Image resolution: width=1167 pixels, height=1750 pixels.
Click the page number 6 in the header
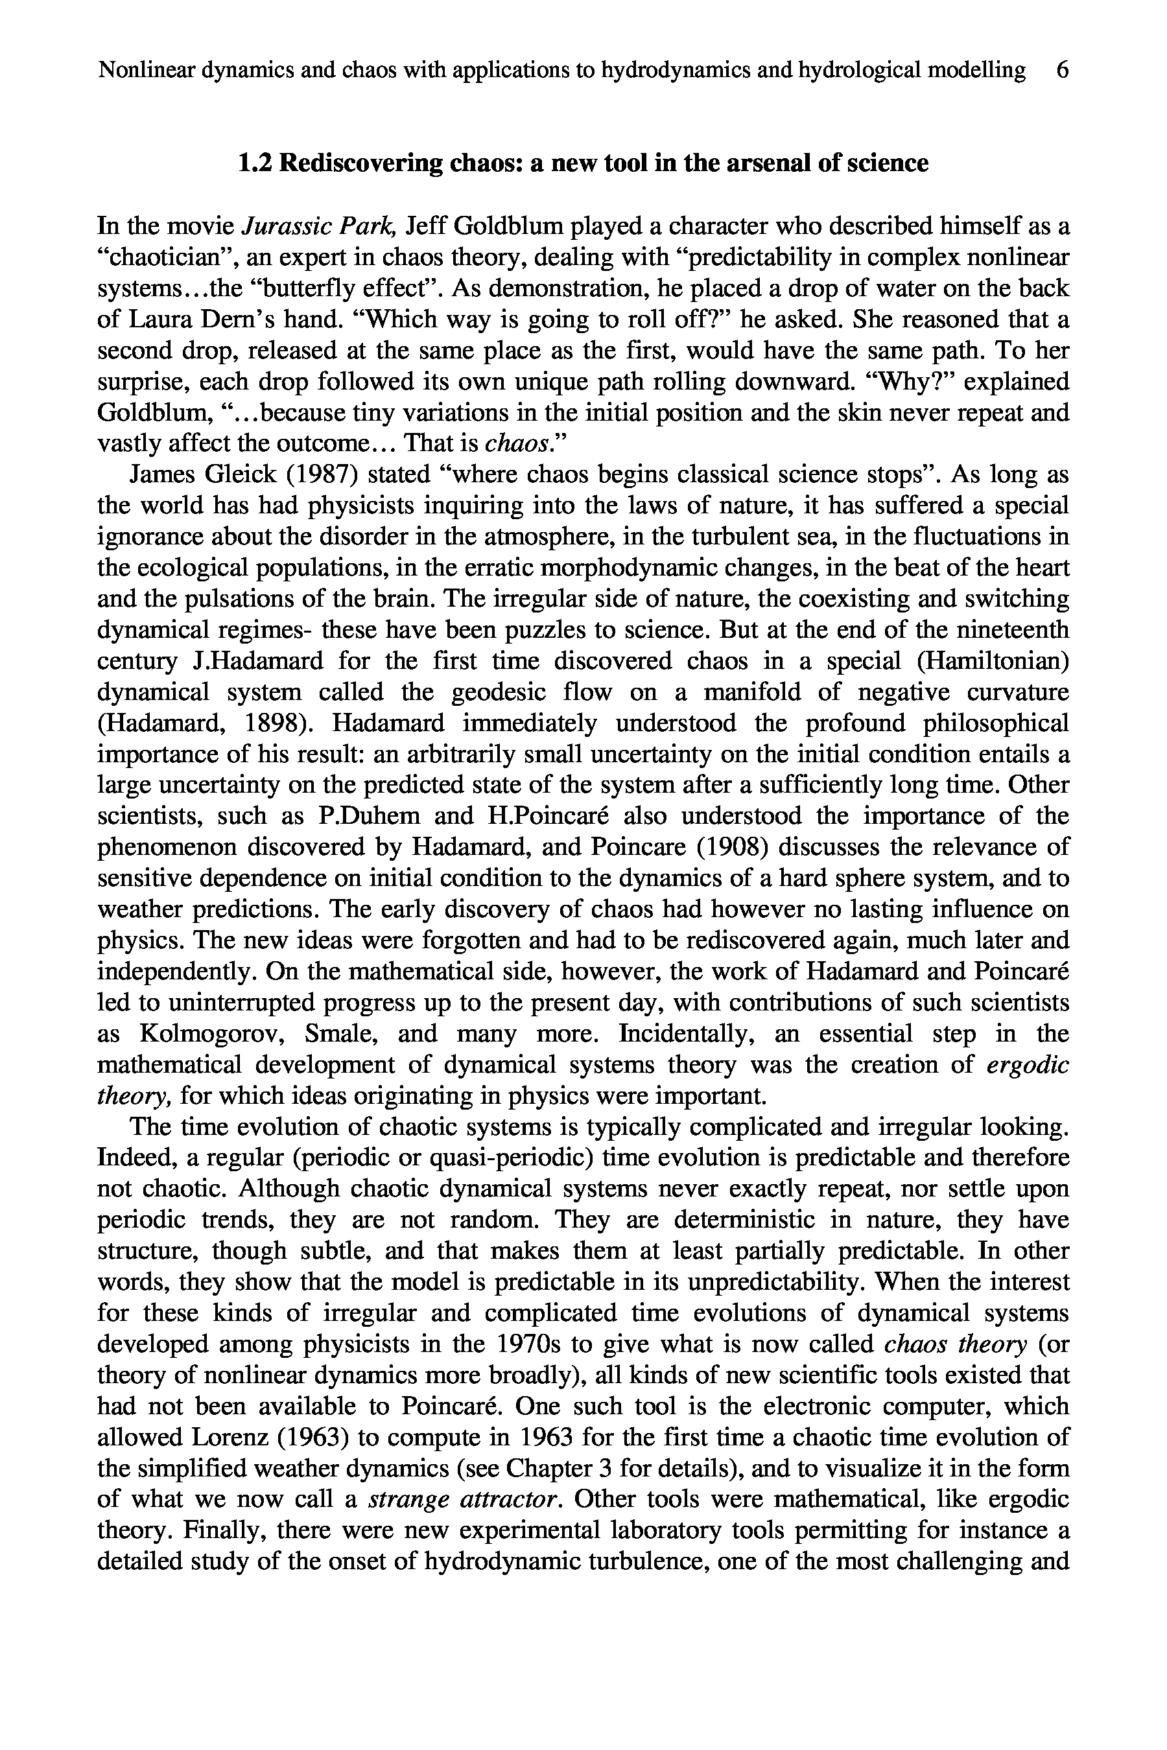(x=1062, y=70)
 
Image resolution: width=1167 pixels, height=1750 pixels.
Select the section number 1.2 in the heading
(x=255, y=163)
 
